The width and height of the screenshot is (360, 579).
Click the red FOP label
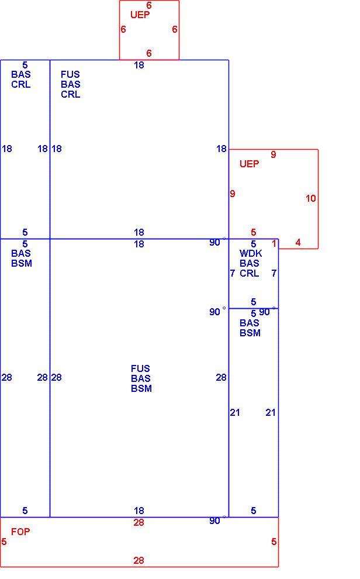tap(20, 532)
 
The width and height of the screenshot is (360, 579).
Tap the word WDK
tap(251, 253)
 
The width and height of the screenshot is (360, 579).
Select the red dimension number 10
tap(310, 198)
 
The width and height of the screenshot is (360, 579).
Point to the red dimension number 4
tap(298, 242)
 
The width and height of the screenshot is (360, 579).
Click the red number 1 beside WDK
tap(274, 243)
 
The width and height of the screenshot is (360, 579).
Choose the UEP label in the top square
tap(140, 15)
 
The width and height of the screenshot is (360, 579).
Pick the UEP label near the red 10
tap(250, 164)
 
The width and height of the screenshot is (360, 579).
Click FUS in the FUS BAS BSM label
tap(140, 368)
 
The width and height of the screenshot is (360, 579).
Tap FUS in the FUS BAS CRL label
tap(70, 74)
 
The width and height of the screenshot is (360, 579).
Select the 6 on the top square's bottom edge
tap(149, 53)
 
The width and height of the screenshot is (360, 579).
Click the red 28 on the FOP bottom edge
tap(139, 560)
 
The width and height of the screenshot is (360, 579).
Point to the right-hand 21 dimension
tap(271, 412)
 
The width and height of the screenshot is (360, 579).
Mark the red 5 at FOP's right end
tap(274, 542)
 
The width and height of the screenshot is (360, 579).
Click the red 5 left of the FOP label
tap(4, 542)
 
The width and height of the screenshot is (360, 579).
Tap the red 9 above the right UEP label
tap(274, 154)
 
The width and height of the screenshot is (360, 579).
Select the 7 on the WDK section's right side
tap(274, 273)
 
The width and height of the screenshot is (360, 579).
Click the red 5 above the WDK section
tap(254, 232)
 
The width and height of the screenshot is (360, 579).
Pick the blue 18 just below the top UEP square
tap(139, 66)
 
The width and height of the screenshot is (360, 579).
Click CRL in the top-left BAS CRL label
tap(20, 85)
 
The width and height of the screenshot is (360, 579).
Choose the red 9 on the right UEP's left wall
tap(233, 194)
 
